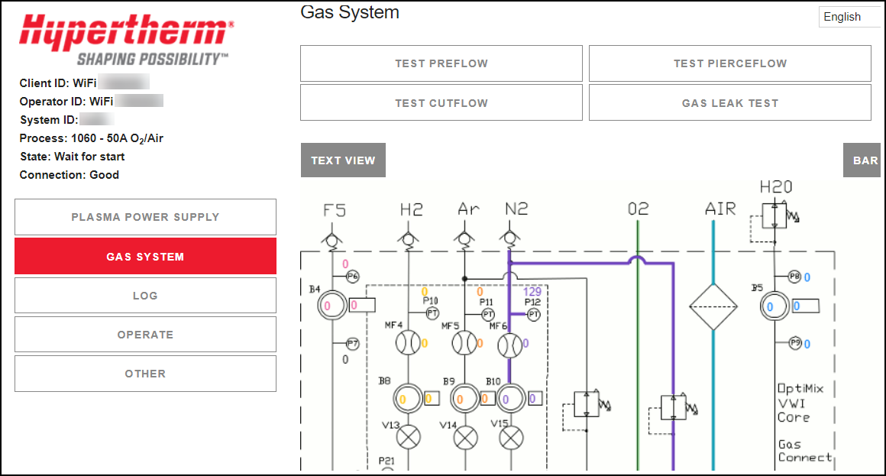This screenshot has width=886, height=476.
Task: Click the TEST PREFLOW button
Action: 441,63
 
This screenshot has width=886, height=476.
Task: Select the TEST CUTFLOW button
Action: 441,103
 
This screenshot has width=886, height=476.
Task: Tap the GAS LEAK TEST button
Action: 729,103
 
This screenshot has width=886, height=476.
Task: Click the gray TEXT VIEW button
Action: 343,160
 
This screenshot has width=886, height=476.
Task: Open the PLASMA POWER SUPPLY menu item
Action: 145,217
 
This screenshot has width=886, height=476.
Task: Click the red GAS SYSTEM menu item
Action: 145,257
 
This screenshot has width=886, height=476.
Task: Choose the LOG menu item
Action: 145,296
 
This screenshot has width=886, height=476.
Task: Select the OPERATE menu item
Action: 145,335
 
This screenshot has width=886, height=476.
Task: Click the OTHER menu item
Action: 145,374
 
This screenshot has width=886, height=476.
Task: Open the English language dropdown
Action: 849,17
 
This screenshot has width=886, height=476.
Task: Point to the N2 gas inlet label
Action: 516,209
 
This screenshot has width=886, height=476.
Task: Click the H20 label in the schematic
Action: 775,187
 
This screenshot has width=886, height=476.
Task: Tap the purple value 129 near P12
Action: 532,292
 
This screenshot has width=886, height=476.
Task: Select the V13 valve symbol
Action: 410,438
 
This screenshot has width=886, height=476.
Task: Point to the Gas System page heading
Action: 349,12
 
